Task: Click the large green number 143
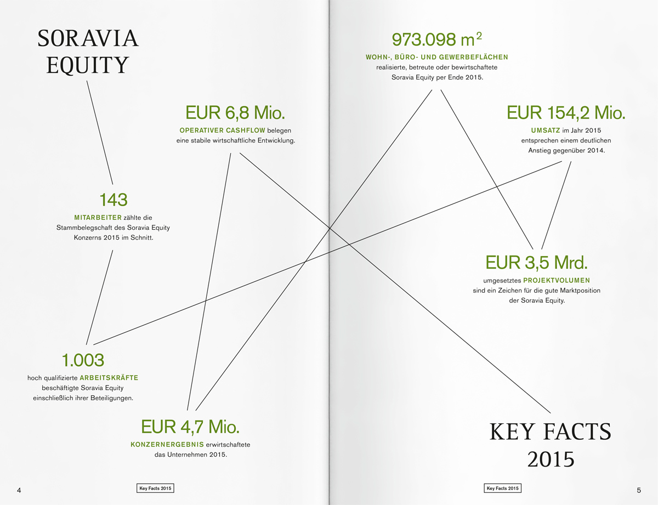coord(114,200)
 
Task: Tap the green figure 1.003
coord(83,360)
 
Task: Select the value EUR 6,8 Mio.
coord(235,113)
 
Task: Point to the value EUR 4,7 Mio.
coord(190,427)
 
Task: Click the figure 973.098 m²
coord(437,39)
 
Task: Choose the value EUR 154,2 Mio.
coord(566,113)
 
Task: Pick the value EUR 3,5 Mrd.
coord(536,263)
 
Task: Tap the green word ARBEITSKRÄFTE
coord(109,378)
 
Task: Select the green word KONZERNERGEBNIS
coord(167,444)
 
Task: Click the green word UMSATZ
coord(545,130)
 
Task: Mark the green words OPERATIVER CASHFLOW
coord(223,130)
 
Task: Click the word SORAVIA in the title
coord(88,38)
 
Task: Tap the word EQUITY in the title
coord(88,65)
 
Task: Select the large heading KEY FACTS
coord(550,433)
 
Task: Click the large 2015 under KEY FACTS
coord(551,459)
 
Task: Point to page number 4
coord(19,489)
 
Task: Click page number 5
coord(639,489)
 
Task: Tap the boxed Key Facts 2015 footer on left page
coord(156,488)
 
